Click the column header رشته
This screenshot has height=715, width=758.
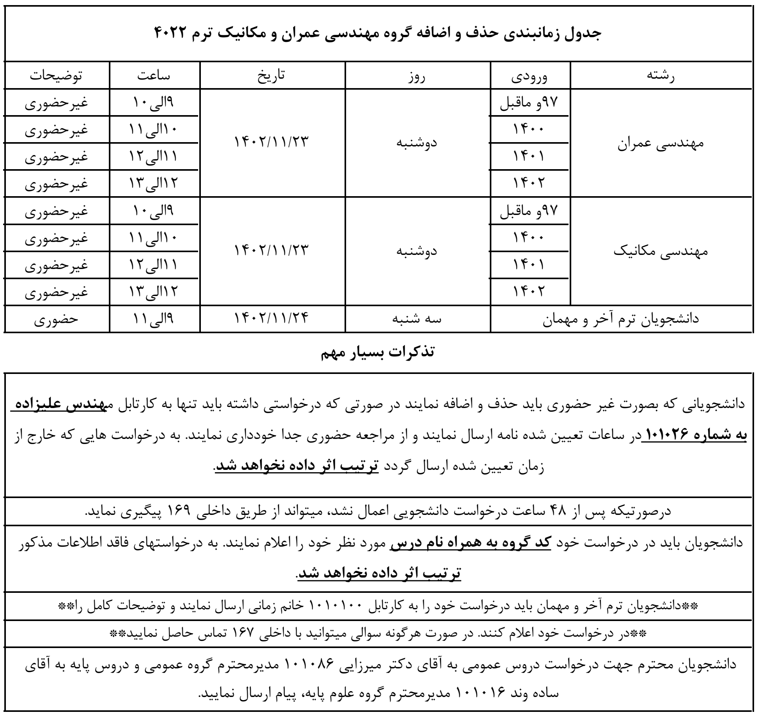pyautogui.click(x=661, y=76)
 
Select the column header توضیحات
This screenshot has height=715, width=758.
pyautogui.click(x=57, y=76)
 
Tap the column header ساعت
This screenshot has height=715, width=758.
pyautogui.click(x=154, y=76)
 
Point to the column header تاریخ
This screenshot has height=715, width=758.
pyautogui.click(x=273, y=76)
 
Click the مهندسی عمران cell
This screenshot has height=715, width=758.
pyautogui.click(x=661, y=143)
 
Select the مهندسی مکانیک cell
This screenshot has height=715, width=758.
pyautogui.click(x=661, y=251)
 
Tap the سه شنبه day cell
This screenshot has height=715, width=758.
pyautogui.click(x=417, y=318)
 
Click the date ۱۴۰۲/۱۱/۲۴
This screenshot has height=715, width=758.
pyautogui.click(x=272, y=318)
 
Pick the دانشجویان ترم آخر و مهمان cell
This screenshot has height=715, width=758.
pyautogui.click(x=621, y=318)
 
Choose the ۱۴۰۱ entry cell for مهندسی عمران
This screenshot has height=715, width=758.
pyautogui.click(x=529, y=157)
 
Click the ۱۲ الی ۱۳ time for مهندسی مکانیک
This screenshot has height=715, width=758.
pyautogui.click(x=154, y=292)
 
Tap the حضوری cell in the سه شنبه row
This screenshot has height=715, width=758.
pyautogui.click(x=57, y=318)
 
